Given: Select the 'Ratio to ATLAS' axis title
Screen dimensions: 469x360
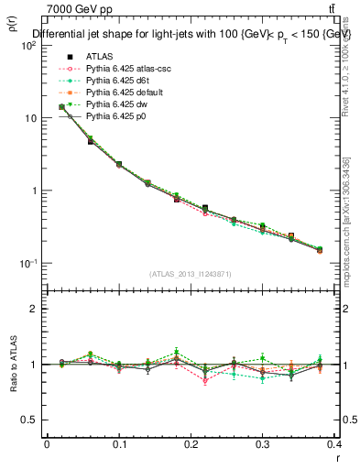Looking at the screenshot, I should coord(13,365).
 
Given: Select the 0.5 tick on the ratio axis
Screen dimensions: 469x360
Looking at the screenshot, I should coord(31,420).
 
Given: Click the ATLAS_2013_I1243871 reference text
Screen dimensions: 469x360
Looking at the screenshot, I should coord(192,274).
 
